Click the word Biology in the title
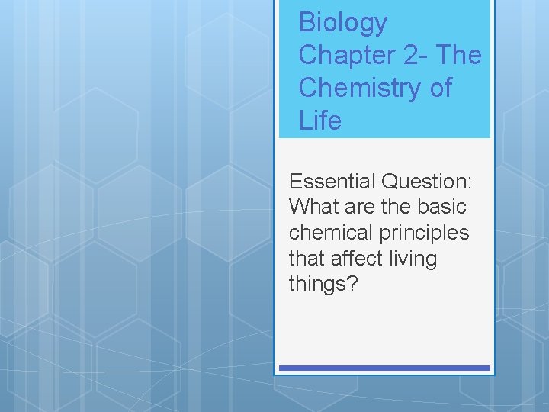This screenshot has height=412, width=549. coord(342,24)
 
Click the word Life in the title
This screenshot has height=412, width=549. coord(319,121)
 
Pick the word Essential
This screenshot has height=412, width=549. coord(332,182)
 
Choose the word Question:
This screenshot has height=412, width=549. coord(427,182)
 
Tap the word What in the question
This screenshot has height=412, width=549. coord(314,207)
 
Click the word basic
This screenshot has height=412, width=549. coord(440,207)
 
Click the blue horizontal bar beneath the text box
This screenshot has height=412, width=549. coord(384,368)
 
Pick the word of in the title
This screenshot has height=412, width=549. coord(441,89)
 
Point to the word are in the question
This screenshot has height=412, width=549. coord(363,207)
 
